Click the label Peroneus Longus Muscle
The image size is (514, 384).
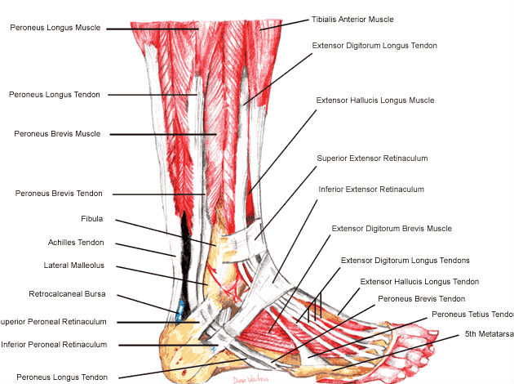point(55,28)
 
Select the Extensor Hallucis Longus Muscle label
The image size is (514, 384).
point(374,100)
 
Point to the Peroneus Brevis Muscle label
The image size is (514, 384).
point(57,133)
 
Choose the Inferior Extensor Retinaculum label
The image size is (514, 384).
point(371,190)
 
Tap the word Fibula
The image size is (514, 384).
point(91,219)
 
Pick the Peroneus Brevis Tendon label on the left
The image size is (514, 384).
point(59,194)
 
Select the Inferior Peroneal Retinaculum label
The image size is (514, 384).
point(54,345)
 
